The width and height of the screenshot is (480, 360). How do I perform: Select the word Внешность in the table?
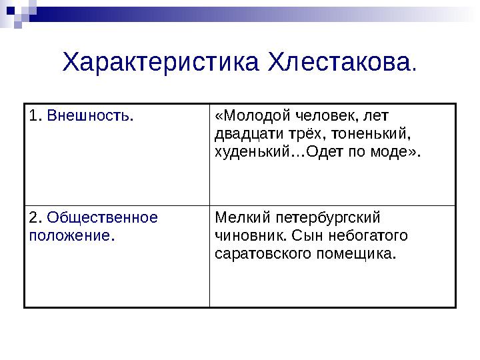(x=89, y=116)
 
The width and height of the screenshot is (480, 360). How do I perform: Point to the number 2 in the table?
(x=33, y=218)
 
